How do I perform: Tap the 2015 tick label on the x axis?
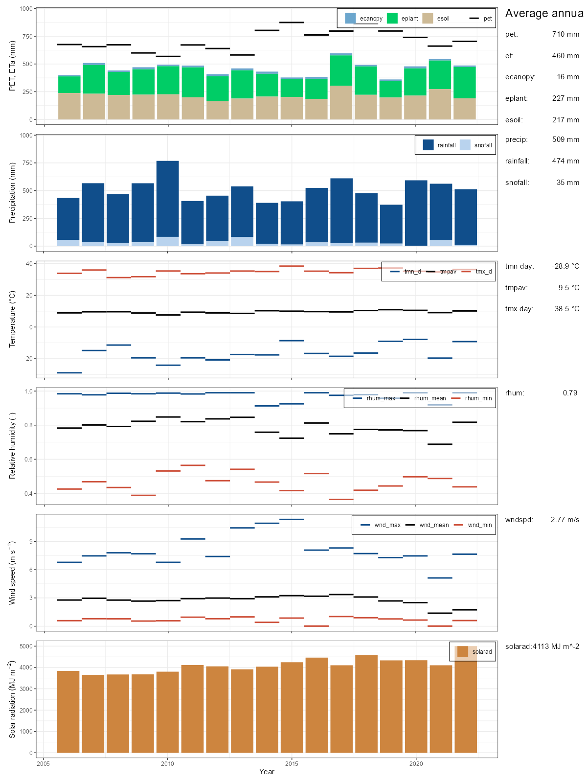tap(292, 763)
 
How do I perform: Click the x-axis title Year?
tap(267, 772)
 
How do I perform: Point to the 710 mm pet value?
tap(565, 34)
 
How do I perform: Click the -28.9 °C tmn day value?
tap(565, 266)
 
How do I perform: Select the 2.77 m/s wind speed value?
tap(564, 520)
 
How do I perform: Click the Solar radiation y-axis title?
tap(12, 699)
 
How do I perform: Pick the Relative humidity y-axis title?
tap(12, 446)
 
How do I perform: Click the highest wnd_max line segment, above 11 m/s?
tap(292, 519)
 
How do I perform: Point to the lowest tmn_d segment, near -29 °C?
tap(69, 373)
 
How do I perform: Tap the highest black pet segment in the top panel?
tap(292, 23)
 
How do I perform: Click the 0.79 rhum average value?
tap(570, 393)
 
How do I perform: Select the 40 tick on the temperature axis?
tap(29, 264)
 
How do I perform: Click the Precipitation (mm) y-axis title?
tap(12, 192)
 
